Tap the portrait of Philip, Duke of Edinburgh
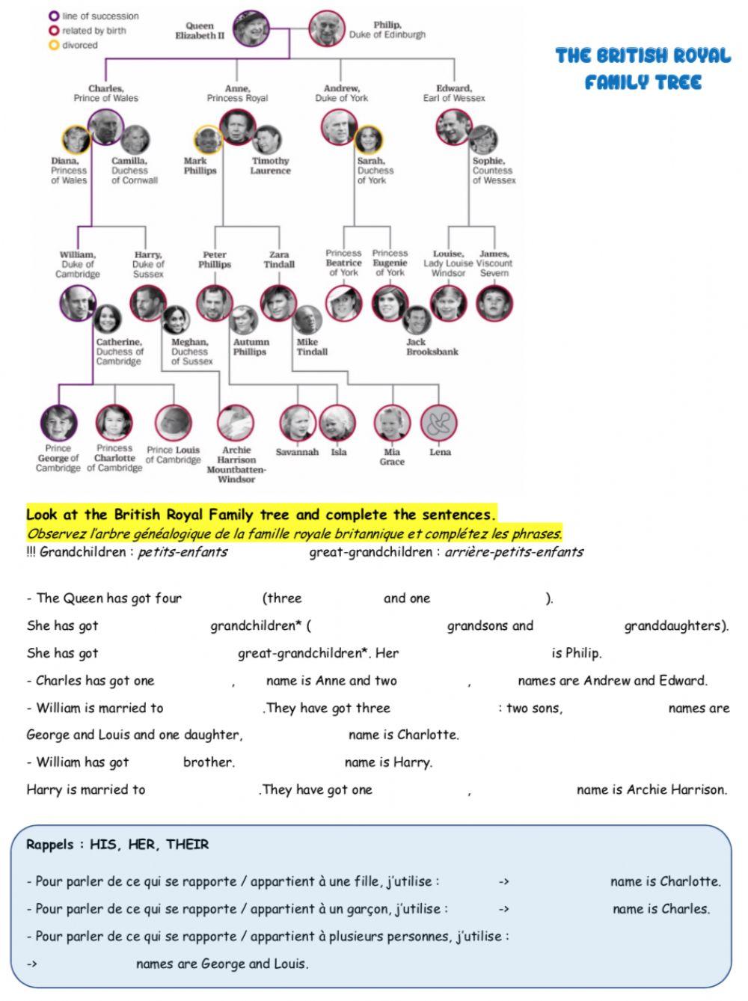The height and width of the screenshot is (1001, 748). click(326, 28)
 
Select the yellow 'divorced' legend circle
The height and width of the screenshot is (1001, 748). click(54, 45)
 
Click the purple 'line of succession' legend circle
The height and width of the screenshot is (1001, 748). click(54, 16)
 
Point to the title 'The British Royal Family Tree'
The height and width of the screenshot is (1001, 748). click(643, 68)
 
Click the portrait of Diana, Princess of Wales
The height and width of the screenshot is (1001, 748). click(76, 139)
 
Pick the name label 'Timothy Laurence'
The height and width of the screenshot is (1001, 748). click(270, 165)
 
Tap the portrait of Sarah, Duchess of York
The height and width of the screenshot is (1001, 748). click(368, 140)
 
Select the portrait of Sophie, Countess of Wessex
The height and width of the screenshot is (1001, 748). click(484, 139)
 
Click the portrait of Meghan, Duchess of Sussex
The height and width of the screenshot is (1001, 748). click(177, 319)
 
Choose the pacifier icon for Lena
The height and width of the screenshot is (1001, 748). click(438, 423)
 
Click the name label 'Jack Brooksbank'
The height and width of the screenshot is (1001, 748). click(432, 346)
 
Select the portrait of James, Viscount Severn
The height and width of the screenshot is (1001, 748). click(494, 303)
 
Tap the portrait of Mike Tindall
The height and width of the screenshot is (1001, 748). click(307, 319)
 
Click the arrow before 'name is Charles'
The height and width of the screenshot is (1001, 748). click(503, 909)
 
